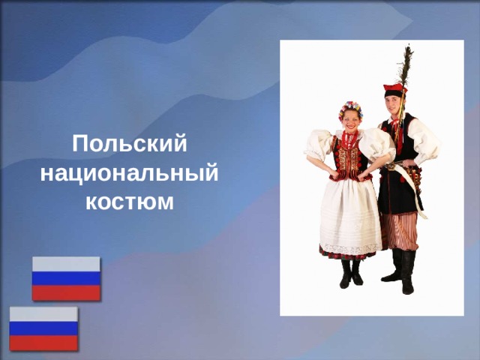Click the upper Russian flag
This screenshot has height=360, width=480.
(x=66, y=278)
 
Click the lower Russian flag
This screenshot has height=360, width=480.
(x=43, y=328)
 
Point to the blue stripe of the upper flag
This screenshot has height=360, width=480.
(x=66, y=278)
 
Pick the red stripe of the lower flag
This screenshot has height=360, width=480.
(x=43, y=343)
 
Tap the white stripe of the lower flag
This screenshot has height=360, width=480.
(x=43, y=313)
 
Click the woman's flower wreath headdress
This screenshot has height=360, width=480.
(x=349, y=109)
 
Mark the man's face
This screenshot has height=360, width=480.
(x=394, y=104)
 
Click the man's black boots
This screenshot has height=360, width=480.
(x=400, y=271)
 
